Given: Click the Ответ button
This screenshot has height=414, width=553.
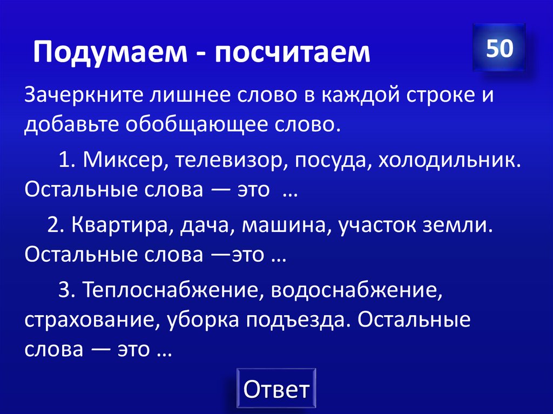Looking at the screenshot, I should (276, 389).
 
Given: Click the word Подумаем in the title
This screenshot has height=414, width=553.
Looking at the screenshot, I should (109, 53).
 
